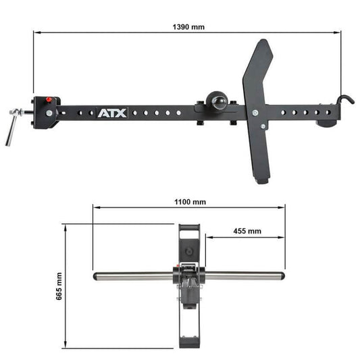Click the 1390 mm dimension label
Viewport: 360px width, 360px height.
tap(188, 27)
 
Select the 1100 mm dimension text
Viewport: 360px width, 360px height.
tap(190, 201)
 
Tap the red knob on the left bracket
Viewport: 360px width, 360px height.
tap(49, 101)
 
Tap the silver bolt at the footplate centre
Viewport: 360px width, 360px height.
tap(255, 113)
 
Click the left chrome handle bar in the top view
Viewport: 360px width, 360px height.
tap(132, 276)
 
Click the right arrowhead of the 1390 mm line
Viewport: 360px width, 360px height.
tap(338, 32)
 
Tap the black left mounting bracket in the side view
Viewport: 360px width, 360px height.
tap(46, 112)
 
